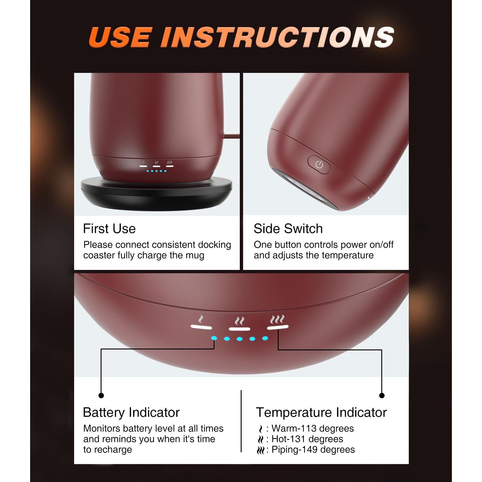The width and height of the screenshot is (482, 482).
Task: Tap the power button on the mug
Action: click(319, 164)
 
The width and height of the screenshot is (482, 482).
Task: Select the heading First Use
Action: click(109, 229)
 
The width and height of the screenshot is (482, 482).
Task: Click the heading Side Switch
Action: click(288, 229)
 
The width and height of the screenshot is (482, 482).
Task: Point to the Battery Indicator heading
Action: click(131, 412)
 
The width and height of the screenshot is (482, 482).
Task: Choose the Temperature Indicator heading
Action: click(321, 412)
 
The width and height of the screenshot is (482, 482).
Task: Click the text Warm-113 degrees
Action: click(313, 428)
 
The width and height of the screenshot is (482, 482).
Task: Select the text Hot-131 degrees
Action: click(307, 439)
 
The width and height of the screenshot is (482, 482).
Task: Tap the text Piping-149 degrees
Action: click(313, 449)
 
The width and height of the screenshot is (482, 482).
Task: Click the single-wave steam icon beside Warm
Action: click(261, 429)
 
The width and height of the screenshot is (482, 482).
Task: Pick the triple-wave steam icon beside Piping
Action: click(261, 450)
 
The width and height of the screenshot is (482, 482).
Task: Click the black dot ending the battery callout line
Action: click(101, 396)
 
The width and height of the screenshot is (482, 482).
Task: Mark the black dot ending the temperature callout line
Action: click(382, 396)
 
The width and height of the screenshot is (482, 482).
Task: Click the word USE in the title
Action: click(120, 37)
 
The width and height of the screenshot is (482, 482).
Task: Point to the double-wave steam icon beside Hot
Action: click(261, 440)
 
